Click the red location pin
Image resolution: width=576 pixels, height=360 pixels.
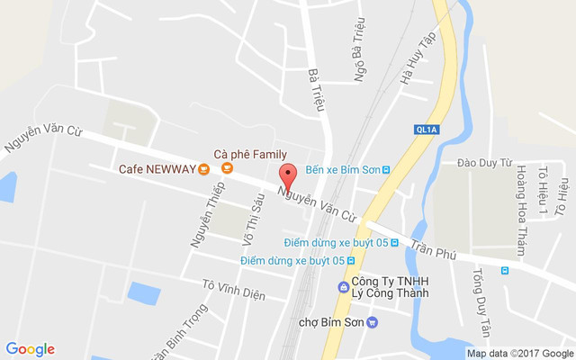click(288, 175)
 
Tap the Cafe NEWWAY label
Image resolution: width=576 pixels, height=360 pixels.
click(157, 168)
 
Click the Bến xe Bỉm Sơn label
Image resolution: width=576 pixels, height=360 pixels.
click(341, 169)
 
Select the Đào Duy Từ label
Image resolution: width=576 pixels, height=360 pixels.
click(484, 163)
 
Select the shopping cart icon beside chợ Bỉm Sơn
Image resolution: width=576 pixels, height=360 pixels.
click(373, 322)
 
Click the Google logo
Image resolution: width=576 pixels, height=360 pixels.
click(30, 349)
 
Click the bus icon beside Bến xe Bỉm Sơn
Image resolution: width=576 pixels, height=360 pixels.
click(386, 169)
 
